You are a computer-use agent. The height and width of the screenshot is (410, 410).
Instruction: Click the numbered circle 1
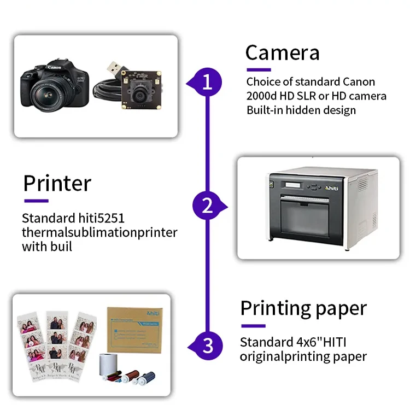tap(207, 83)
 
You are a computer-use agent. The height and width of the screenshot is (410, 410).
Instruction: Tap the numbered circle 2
tap(207, 206)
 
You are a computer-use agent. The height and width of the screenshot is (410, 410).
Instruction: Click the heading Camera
tap(282, 53)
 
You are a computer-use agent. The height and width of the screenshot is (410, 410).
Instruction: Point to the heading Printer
tap(57, 183)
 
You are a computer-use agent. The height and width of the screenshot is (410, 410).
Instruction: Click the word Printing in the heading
tap(271, 308)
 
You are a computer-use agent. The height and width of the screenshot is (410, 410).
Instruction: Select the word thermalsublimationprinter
tap(99, 233)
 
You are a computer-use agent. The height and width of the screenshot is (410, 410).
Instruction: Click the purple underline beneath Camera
tap(259, 69)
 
